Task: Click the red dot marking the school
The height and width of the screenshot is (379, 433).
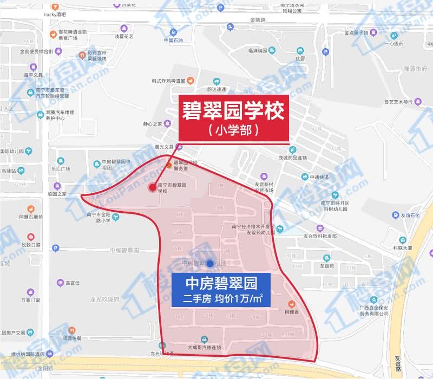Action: (x=152, y=187)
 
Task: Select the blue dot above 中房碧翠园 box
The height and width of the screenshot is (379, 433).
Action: (x=209, y=263)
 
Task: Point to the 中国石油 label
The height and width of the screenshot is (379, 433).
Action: (x=174, y=40)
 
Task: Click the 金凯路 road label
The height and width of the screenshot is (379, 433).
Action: (x=258, y=20)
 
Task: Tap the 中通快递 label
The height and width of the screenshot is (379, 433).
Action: (x=319, y=177)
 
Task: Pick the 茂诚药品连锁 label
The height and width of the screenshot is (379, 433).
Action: (x=292, y=158)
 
